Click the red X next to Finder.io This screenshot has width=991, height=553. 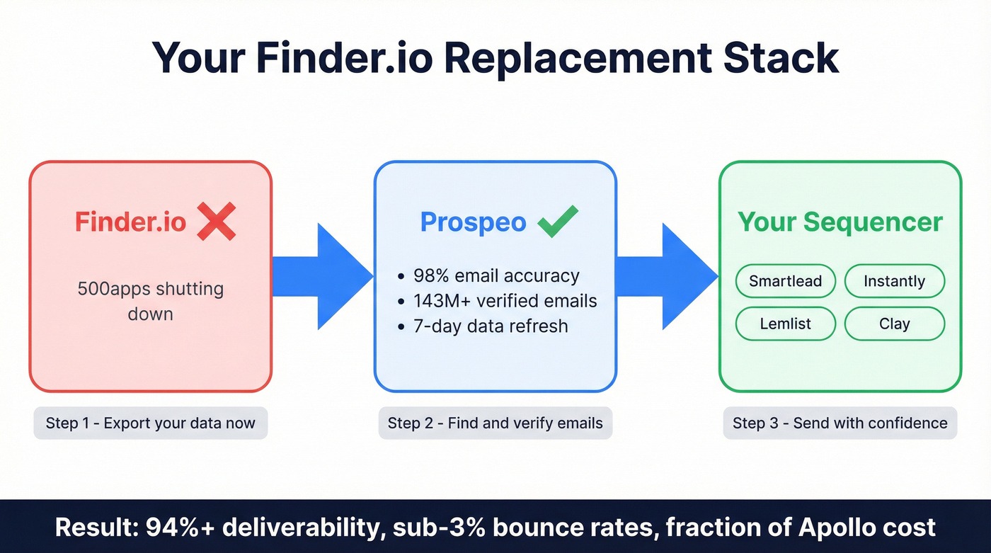[x=217, y=221]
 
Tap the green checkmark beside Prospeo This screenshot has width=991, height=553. [x=558, y=221]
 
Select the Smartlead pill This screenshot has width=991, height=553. [x=785, y=281]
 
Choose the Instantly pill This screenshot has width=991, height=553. [x=895, y=281]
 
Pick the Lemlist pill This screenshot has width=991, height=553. [x=785, y=324]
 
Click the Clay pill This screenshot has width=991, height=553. [x=895, y=324]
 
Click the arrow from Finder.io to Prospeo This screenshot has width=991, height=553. [x=323, y=276]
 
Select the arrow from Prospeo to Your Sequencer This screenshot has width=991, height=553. [x=667, y=276]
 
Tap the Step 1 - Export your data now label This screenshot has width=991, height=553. [x=150, y=423]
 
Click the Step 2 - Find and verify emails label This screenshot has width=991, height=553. [x=495, y=423]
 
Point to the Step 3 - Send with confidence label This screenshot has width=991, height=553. [x=840, y=423]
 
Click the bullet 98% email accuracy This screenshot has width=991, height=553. [x=488, y=275]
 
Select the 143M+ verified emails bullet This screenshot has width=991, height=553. [x=497, y=301]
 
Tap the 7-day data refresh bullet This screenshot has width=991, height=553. [x=483, y=326]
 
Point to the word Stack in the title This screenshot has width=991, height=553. [x=781, y=58]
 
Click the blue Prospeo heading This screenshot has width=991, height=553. [x=473, y=222]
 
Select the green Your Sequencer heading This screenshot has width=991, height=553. [x=840, y=222]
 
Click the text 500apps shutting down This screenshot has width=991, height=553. [x=150, y=301]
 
